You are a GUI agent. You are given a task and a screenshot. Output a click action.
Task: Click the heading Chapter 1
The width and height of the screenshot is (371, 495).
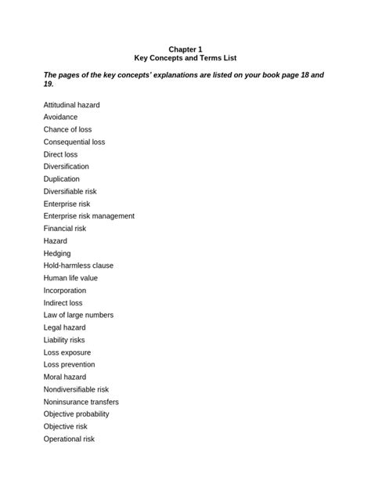tap(185, 48)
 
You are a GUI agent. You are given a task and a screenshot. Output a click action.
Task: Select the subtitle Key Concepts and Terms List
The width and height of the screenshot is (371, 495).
tap(185, 58)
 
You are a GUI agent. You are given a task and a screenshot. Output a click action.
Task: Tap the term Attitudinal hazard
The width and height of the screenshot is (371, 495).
tap(72, 105)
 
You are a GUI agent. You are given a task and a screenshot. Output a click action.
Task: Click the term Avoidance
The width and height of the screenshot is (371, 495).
tap(61, 117)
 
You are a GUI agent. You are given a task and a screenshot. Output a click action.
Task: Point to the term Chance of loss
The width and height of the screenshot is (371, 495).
tap(68, 129)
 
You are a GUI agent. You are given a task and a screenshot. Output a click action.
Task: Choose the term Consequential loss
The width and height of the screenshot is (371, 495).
tap(74, 142)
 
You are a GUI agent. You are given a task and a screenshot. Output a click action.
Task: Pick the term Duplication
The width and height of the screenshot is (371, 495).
tap(62, 179)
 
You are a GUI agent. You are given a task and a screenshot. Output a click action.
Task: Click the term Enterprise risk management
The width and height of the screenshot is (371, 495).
tap(89, 216)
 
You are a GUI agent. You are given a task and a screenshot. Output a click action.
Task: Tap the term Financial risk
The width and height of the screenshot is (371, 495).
tap(65, 229)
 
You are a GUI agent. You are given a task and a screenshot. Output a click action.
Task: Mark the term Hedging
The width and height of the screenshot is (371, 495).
tap(57, 254)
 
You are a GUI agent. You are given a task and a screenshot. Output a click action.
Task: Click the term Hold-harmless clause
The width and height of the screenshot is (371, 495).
tap(79, 266)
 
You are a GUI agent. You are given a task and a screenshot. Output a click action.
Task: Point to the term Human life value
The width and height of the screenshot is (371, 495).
tap(71, 278)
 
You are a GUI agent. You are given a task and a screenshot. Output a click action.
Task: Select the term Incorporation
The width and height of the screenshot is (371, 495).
tap(65, 291)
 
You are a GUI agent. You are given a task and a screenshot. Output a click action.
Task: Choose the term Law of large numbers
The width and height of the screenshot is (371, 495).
tap(78, 315)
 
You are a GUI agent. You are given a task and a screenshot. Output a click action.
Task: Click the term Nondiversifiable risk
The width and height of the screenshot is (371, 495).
tap(76, 389)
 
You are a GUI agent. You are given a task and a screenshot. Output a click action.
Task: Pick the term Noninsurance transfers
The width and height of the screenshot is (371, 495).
tap(81, 402)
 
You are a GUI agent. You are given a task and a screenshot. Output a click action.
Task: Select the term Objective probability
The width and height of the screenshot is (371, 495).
tap(77, 414)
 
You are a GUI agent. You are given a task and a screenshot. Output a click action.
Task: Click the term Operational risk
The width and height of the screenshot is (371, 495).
tap(69, 439)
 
